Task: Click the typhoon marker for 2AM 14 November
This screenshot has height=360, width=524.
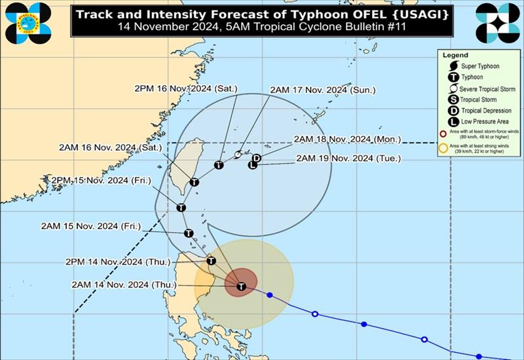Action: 241,287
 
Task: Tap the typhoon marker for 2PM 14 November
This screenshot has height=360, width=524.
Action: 211,261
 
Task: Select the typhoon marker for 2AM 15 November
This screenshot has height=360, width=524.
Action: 189,233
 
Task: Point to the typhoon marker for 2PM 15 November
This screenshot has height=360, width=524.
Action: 181,207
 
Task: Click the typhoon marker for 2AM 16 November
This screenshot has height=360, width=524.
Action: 194,183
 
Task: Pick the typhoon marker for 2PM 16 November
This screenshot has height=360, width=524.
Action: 219,165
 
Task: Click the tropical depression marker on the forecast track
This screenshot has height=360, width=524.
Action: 257,158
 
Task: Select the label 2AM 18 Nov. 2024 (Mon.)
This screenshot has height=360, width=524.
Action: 347,139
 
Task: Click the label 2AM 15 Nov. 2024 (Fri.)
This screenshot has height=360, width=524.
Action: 90,226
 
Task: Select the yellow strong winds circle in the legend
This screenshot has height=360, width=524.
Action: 443,148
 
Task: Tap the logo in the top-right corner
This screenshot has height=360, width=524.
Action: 497,22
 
